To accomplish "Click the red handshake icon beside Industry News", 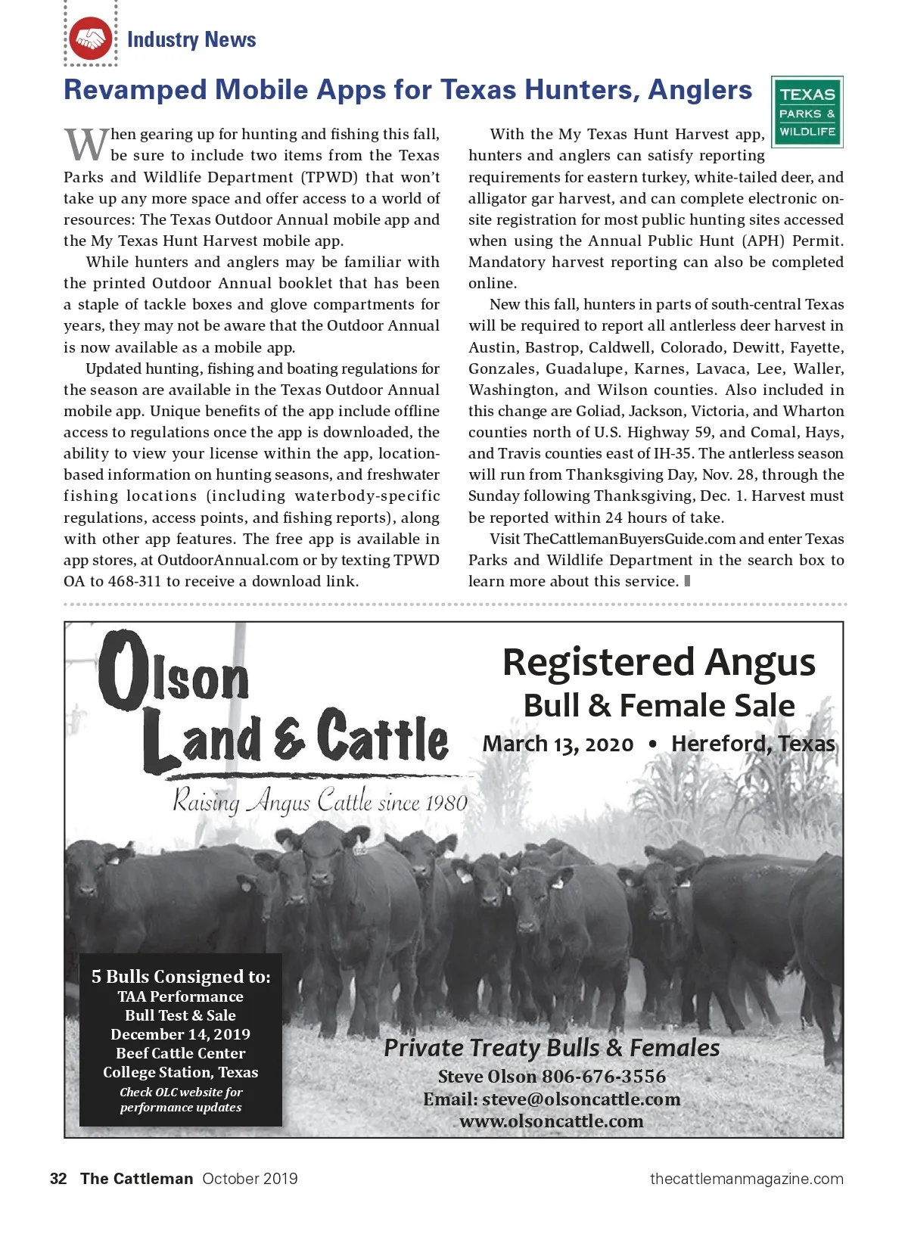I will click(x=90, y=39).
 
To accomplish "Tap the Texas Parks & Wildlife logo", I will click(x=807, y=112).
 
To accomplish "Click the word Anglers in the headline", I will click(x=700, y=90).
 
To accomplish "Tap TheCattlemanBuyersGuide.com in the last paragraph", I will click(x=630, y=539).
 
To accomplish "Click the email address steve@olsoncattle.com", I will click(x=581, y=1099).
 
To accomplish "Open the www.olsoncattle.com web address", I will click(x=552, y=1121).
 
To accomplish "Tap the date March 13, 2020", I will click(x=558, y=744).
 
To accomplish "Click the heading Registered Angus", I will click(x=658, y=662).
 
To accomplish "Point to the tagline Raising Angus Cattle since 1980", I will click(x=320, y=801).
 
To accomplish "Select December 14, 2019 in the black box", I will click(x=180, y=1034).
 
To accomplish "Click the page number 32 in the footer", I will click(x=58, y=1178).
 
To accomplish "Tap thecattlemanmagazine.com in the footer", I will click(x=746, y=1178).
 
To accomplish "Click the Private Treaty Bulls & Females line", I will click(x=552, y=1048).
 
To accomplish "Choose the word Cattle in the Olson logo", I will click(x=383, y=736).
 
